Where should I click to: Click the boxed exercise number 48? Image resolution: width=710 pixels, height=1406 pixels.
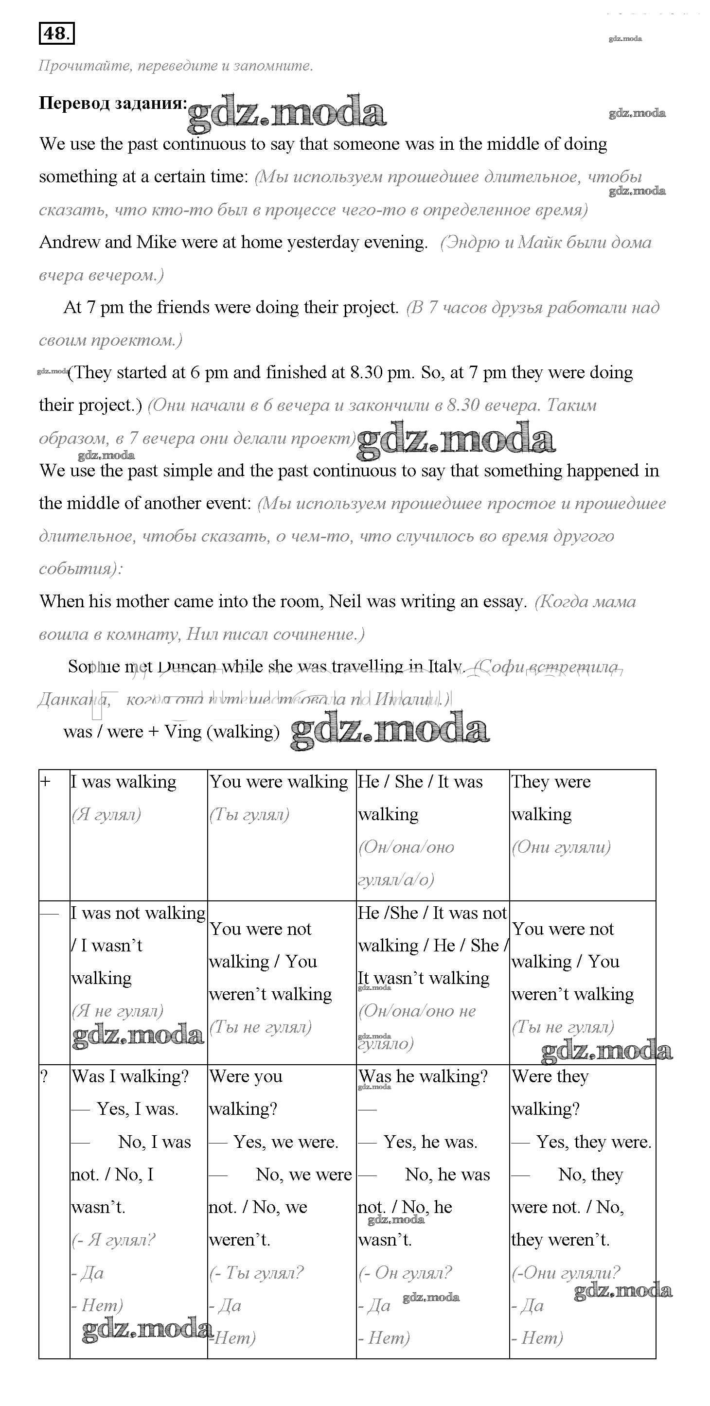[x=56, y=34]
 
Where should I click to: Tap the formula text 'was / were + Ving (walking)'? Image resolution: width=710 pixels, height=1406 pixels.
[x=171, y=731]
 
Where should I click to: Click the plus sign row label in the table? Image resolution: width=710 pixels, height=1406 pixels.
[x=46, y=782]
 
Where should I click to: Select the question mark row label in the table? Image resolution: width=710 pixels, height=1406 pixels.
[x=45, y=1077]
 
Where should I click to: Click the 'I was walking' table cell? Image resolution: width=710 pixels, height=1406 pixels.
[x=124, y=782]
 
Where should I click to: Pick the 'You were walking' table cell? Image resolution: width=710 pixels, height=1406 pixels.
[x=279, y=782]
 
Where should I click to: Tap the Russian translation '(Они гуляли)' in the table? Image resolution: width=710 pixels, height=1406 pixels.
[x=561, y=847]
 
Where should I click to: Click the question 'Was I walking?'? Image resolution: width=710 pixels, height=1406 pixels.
[x=130, y=1076]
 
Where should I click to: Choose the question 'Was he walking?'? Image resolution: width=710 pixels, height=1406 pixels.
[x=423, y=1076]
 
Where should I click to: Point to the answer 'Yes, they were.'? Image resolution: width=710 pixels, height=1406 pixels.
[x=594, y=1142]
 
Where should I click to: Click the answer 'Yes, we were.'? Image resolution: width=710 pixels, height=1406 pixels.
[x=285, y=1142]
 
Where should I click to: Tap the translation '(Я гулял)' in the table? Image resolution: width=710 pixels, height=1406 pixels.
[x=106, y=814]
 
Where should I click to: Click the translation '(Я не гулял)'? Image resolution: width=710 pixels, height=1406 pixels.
[x=117, y=1011]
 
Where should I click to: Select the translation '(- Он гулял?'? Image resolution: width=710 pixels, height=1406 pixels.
[x=405, y=1273]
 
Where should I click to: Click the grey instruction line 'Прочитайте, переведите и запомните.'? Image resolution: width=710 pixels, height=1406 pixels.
[x=176, y=66]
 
